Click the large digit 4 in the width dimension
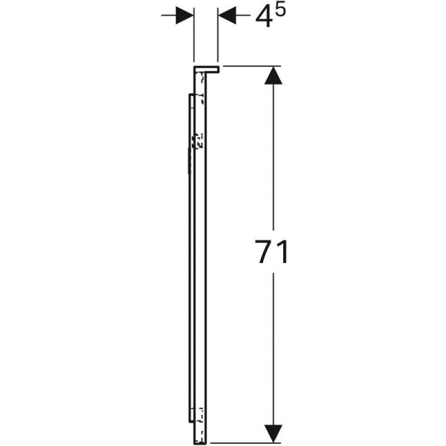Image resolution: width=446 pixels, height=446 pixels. [x=263, y=18]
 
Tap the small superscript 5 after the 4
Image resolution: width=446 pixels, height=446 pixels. [x=280, y=12]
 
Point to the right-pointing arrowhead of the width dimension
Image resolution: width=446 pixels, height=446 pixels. [x=185, y=15]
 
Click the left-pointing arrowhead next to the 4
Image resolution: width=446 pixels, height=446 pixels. [x=227, y=15]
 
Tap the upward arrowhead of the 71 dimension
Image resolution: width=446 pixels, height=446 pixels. [x=273, y=75]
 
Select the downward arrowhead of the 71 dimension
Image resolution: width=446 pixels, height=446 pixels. [x=273, y=434]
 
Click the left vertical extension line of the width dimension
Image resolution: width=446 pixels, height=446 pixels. [x=193, y=35]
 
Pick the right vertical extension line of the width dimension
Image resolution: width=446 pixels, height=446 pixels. [x=218, y=35]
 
